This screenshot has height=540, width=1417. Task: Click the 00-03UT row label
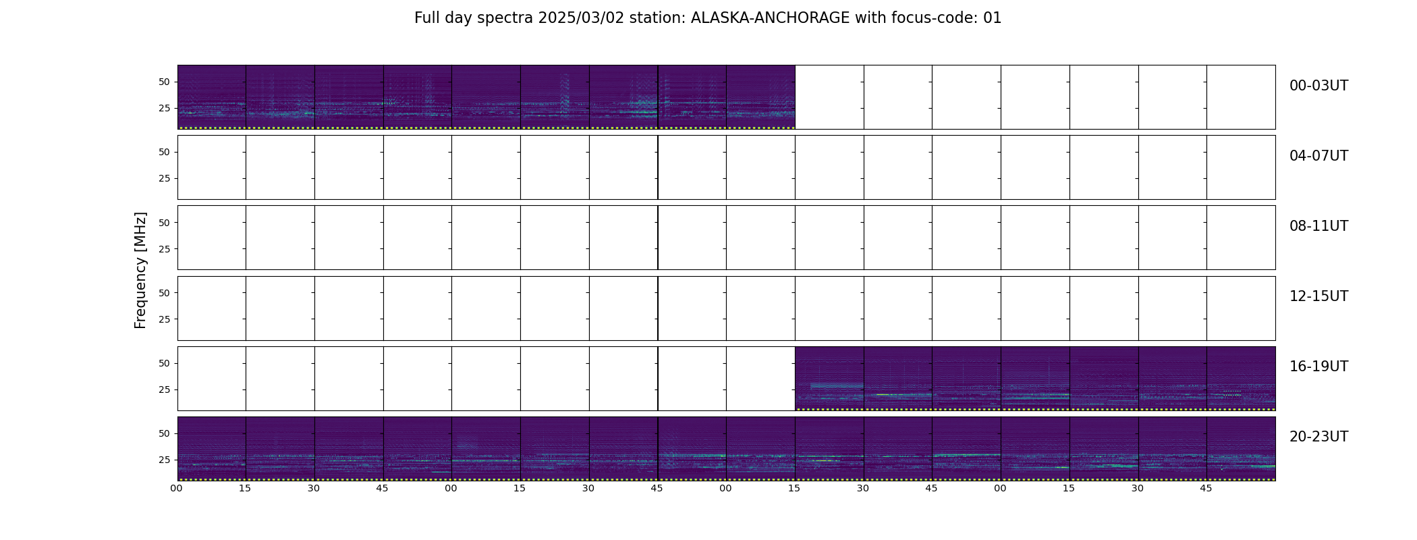point(1318,86)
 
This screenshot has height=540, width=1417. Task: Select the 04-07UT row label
point(1318,156)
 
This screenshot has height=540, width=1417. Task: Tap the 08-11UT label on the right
point(1318,226)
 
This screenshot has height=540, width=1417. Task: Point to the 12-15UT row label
point(1318,296)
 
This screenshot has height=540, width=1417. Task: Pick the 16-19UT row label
point(1318,367)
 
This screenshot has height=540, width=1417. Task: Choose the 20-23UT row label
point(1318,437)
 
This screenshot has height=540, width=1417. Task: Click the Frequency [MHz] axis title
point(140,270)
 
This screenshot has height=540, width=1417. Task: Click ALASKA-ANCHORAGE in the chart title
point(770,18)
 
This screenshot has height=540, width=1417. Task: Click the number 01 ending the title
point(993,18)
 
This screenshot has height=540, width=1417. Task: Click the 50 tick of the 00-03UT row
point(164,82)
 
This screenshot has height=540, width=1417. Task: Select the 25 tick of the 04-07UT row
point(164,178)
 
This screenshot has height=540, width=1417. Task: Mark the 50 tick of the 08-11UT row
point(164,222)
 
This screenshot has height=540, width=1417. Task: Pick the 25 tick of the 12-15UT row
point(164,319)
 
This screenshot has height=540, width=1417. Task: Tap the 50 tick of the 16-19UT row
point(164,363)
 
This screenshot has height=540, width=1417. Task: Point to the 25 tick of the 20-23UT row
point(164,460)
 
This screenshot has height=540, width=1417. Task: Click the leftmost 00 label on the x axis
point(177,488)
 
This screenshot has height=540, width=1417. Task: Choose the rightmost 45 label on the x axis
point(1206,488)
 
